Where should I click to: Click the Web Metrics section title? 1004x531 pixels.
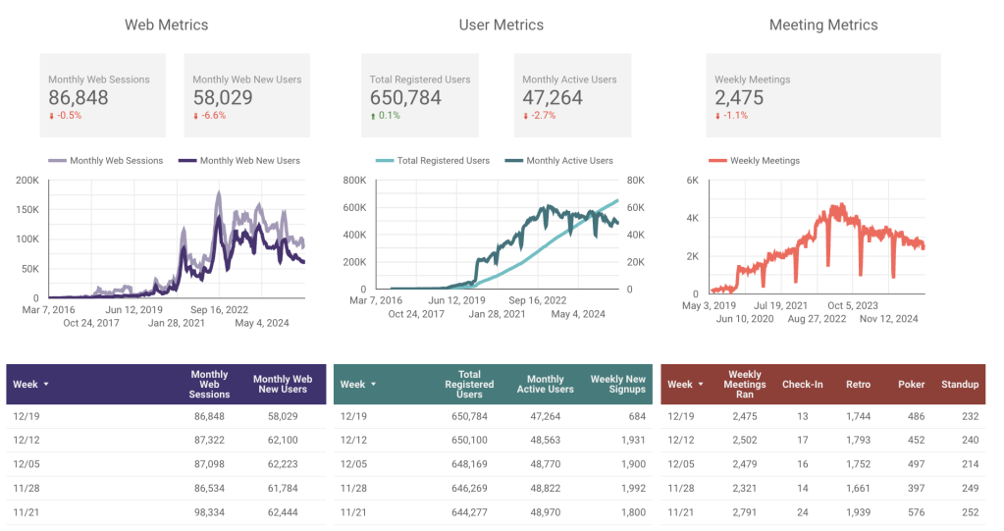(x=166, y=25)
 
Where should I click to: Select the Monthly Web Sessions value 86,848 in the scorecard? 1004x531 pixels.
(x=79, y=98)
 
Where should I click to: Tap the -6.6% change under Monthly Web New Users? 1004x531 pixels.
(x=212, y=116)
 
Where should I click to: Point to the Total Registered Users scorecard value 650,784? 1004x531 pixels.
(x=405, y=98)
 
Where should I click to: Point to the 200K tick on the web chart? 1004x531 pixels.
(x=27, y=181)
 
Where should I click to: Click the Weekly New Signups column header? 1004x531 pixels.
(x=617, y=384)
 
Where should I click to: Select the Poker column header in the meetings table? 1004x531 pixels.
(x=911, y=385)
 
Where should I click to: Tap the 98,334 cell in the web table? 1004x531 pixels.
(x=209, y=511)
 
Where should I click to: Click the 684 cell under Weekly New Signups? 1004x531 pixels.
(x=635, y=417)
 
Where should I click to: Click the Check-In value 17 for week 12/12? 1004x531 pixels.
(x=802, y=441)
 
